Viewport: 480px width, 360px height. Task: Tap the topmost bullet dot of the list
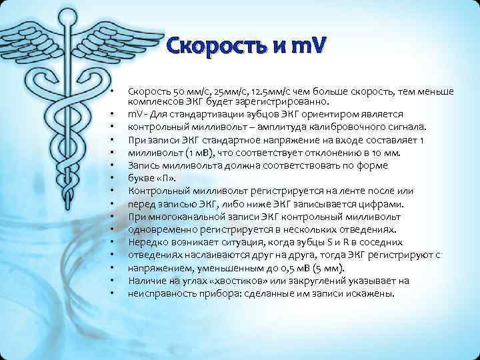(115, 91)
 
